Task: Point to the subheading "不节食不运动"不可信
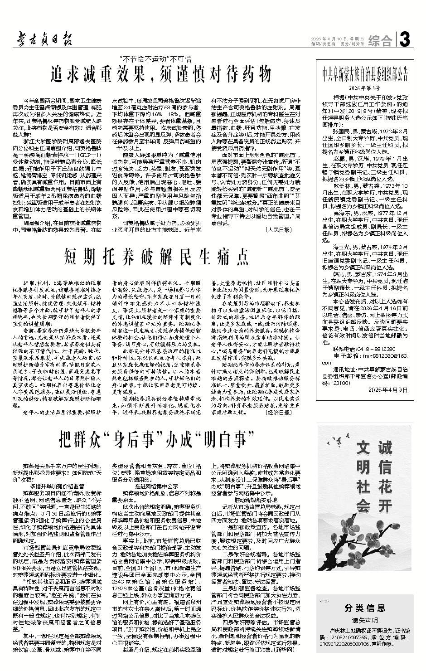click(155, 58)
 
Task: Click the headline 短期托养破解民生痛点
click(157, 256)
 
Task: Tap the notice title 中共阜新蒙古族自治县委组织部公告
click(365, 72)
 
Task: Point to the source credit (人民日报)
click(278, 230)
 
